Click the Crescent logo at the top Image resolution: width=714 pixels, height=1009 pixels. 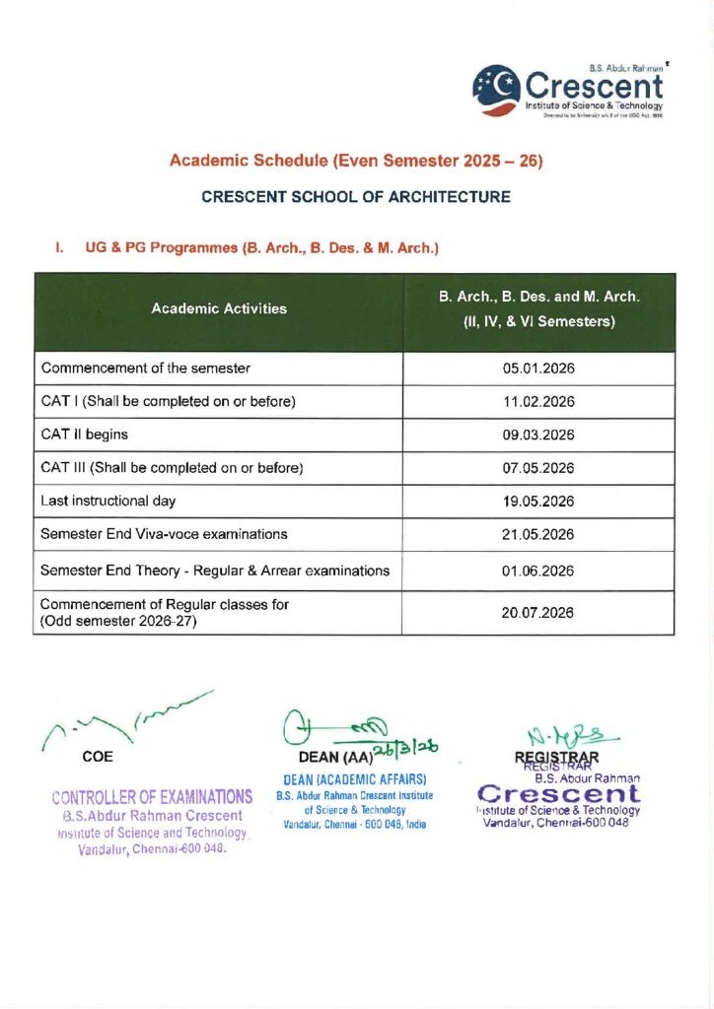[567, 91]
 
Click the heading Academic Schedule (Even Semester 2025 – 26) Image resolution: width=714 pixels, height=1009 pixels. [356, 160]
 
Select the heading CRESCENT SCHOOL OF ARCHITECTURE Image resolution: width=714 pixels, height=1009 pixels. [356, 197]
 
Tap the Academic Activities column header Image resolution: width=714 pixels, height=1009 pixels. [219, 309]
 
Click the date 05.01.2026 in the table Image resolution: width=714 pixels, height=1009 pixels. [537, 369]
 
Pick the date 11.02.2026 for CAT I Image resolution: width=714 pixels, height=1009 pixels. [537, 402]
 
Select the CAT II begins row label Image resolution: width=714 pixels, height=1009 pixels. [84, 435]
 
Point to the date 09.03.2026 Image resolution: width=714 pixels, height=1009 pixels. [537, 435]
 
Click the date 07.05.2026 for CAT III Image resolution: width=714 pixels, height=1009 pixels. [537, 468]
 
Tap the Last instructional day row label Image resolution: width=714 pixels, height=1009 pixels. [108, 501]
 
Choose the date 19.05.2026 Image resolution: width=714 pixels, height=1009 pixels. [537, 501]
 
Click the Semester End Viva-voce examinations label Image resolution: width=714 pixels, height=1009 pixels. [165, 534]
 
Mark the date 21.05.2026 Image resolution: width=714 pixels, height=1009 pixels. [537, 534]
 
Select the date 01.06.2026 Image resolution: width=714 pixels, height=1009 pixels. [537, 571]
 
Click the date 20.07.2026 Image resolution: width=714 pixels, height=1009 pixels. [537, 613]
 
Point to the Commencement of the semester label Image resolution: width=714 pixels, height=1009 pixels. [146, 369]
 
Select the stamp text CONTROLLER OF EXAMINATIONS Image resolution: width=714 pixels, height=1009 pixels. [152, 796]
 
